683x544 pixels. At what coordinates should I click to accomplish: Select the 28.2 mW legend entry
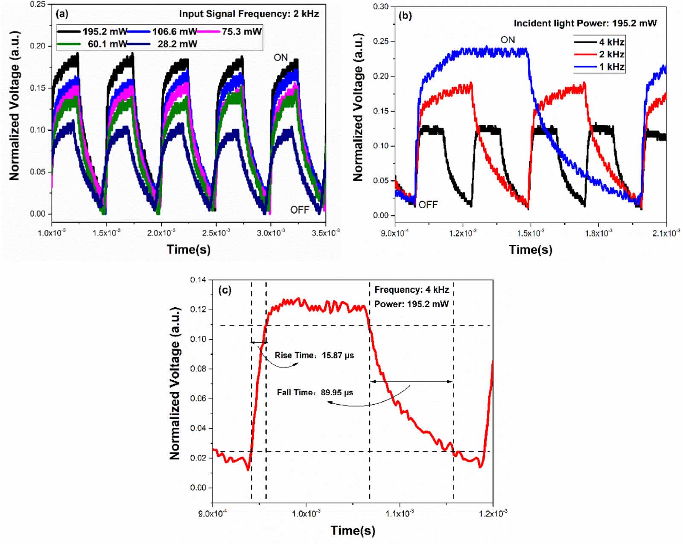coord(177,44)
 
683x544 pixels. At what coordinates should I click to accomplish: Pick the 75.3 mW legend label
coord(241,32)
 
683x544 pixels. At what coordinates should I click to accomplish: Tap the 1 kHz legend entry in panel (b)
coord(611,67)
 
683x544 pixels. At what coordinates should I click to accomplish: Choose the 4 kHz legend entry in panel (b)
coord(611,42)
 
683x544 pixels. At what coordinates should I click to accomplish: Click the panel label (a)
coord(62,14)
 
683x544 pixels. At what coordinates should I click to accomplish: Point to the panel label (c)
coord(225,290)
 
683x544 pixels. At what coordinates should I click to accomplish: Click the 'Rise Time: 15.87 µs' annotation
coord(314,356)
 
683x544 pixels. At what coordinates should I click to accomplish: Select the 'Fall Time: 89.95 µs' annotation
coord(315,393)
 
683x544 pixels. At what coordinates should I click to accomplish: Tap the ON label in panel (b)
coord(508,40)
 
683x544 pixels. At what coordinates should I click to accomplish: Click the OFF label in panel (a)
coord(300,210)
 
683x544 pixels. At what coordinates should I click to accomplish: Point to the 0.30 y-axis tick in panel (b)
coord(381,7)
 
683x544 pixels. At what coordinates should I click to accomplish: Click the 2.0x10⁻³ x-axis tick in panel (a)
coord(161,233)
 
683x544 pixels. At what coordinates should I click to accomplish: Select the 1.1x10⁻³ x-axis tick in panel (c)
coord(400,513)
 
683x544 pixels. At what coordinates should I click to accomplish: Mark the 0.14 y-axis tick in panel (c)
coord(198,280)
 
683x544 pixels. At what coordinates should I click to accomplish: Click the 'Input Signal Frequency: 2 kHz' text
coord(249,14)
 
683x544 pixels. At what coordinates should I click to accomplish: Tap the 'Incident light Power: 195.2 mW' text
coord(585,24)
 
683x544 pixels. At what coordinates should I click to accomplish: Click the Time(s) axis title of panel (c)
coord(353,531)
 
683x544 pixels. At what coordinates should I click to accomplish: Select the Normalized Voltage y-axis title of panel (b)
coord(358,107)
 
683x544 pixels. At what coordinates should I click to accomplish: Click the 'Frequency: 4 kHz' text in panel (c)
coord(412,290)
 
